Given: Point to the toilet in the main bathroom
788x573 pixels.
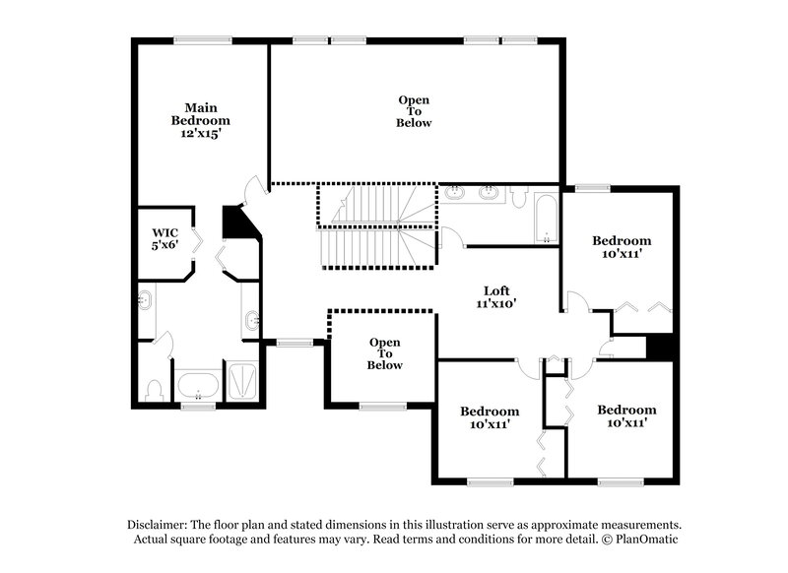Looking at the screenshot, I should click(153, 389).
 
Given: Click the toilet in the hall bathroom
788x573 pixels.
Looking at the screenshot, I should click(516, 196).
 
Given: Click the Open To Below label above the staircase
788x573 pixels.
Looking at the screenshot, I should click(414, 111).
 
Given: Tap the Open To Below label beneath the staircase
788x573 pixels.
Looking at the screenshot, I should click(385, 353).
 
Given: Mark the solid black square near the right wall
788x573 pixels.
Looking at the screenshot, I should click(659, 349).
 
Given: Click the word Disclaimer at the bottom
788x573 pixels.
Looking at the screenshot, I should click(161, 525).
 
